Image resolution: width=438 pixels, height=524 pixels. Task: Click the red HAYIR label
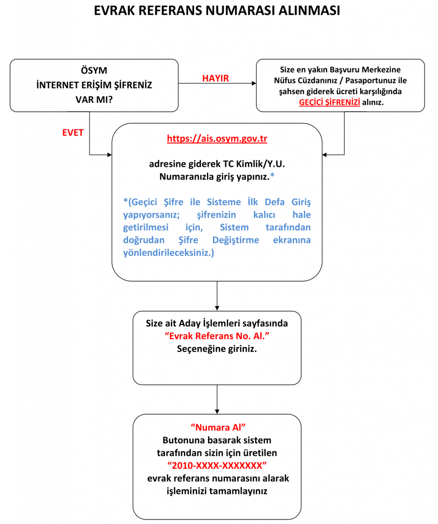pos(215,78)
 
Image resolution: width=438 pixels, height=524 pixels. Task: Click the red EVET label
pos(73,133)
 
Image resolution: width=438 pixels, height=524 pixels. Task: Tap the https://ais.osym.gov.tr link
pos(217,138)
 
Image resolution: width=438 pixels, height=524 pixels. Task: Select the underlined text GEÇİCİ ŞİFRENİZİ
pos(330,102)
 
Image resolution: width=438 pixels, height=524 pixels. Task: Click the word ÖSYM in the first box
pos(94,71)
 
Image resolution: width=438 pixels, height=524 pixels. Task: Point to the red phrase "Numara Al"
pos(218,427)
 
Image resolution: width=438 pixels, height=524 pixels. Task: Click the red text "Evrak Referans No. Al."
pos(217,336)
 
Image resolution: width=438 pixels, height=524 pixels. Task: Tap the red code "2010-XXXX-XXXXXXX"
pos(217,466)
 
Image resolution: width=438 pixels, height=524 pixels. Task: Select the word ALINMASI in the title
pos(309,11)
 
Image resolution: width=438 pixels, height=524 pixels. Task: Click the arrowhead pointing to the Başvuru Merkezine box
pos(254,83)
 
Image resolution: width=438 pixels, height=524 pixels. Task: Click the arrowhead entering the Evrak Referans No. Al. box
pos(217,308)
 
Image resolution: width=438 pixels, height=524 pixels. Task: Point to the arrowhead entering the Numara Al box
pos(217,412)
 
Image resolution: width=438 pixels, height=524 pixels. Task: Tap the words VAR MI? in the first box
pos(94,100)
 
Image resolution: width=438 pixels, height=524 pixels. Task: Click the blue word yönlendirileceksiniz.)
pos(169,253)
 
